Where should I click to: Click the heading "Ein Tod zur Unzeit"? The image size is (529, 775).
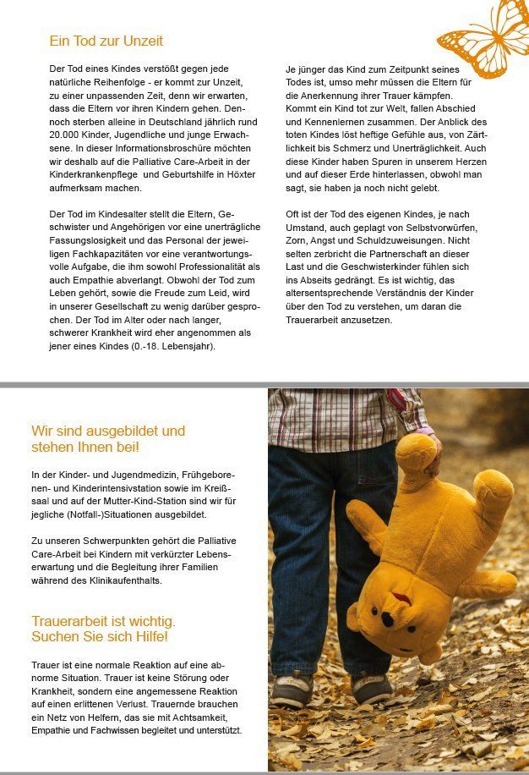[x=106, y=41]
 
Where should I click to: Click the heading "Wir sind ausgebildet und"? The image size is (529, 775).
[x=108, y=431]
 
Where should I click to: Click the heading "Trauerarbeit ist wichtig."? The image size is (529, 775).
[x=103, y=621]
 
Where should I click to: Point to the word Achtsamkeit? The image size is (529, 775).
[x=210, y=717]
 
